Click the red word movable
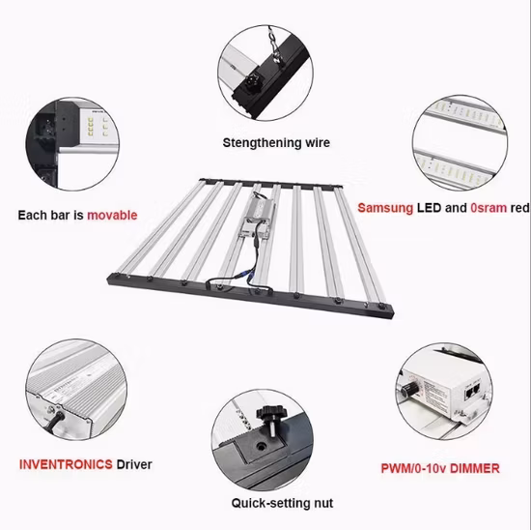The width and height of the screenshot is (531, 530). (x=112, y=215)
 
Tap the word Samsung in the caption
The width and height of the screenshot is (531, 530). (x=385, y=208)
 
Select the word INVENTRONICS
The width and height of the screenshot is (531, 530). (x=66, y=464)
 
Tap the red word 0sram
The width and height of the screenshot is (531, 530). (x=489, y=208)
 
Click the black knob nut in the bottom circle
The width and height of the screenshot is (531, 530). (x=271, y=419)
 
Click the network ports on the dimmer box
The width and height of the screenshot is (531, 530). (x=473, y=391)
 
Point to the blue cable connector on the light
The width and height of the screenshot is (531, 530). (x=251, y=273)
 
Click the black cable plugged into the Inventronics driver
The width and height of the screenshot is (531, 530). (x=54, y=422)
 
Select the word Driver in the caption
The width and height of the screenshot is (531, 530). (x=134, y=464)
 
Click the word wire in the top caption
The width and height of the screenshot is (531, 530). (x=318, y=143)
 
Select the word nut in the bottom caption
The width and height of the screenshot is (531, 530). (x=323, y=503)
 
